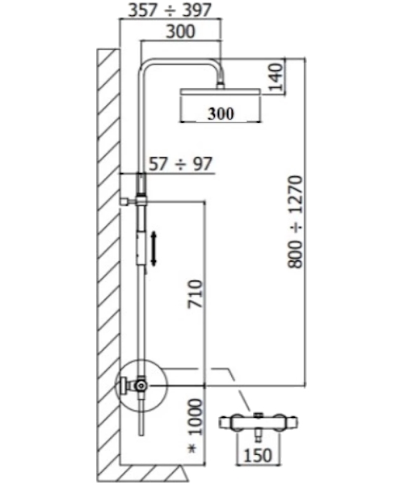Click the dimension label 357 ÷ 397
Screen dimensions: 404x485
coord(170,10)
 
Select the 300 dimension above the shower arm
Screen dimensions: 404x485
coord(180,32)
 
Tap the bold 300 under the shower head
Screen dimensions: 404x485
coord(221,113)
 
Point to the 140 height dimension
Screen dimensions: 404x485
coord(276,77)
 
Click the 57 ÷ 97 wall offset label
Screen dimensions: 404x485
coord(181,163)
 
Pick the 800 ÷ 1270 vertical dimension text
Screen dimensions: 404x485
coord(295,221)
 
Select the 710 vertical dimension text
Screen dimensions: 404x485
coord(196,294)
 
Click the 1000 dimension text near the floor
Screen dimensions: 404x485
coord(196,417)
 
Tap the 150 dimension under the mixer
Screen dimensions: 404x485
coord(258,455)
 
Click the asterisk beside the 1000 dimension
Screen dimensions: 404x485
coord(192,449)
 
